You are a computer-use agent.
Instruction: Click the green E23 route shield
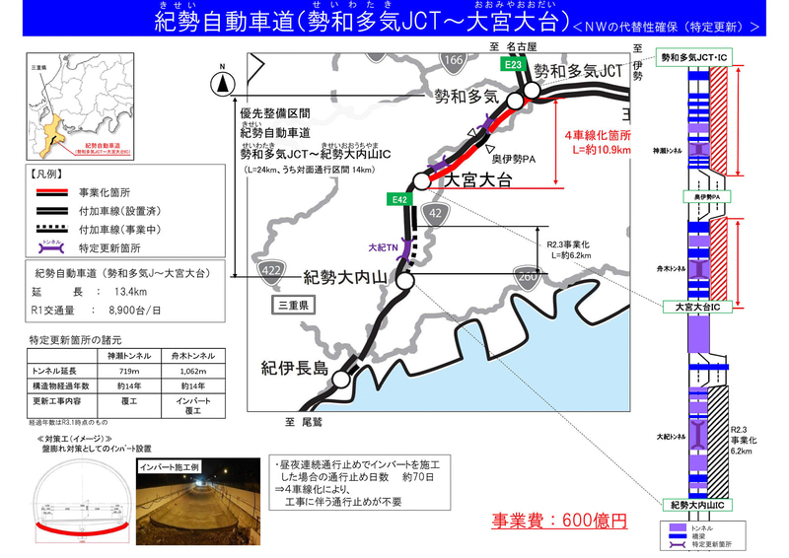click(x=512, y=66)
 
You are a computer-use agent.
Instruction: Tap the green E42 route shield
click(x=399, y=199)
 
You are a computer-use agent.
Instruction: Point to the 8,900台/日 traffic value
click(x=135, y=309)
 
